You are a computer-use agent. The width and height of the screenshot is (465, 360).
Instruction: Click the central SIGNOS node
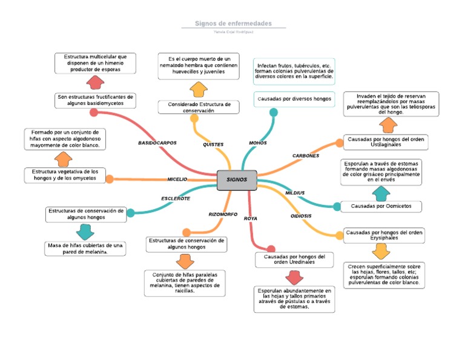pos(237,179)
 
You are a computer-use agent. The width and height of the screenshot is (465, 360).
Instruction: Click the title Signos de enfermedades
pos(233,23)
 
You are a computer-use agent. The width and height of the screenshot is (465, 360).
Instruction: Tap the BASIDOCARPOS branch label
pos(157,143)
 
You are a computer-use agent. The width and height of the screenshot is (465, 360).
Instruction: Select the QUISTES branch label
pos(213,144)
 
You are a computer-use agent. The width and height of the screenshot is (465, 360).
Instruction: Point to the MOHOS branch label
pos(258,143)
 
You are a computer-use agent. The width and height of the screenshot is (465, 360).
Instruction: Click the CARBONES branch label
pos(306,156)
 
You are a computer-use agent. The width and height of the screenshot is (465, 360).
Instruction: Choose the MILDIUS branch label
pos(295,193)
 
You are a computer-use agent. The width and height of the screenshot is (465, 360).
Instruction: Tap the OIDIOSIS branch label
pos(301,216)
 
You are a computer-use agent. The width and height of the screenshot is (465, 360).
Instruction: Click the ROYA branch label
pos(251,218)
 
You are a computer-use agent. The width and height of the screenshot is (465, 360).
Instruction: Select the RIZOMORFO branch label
pos(223,214)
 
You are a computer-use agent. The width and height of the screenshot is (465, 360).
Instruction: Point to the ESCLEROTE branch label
pos(176,198)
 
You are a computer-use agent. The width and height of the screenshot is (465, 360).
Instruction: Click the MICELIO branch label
pos(177,179)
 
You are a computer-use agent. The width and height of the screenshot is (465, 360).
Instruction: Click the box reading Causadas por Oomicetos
pos(381,206)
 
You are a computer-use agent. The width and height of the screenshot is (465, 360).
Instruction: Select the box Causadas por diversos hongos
pos(294,98)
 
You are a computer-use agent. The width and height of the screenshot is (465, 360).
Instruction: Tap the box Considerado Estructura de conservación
pos(199,107)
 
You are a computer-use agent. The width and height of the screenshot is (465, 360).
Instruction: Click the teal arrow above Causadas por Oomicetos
pos(381,193)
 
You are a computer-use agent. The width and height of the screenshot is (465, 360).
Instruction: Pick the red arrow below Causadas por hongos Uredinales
pos(294,278)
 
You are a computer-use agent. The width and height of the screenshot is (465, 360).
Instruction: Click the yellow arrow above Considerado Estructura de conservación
pos(198,90)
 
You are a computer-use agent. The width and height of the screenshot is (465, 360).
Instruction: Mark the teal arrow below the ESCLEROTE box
pos(85,232)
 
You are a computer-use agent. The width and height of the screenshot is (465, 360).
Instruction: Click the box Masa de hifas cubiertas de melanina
pos(85,248)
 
